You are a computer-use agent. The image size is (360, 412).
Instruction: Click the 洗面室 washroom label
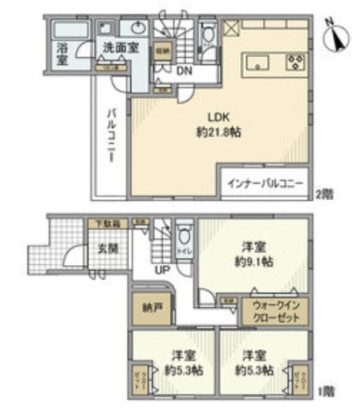[x=121, y=48]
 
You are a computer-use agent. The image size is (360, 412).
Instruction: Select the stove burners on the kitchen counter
[x=296, y=60]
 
